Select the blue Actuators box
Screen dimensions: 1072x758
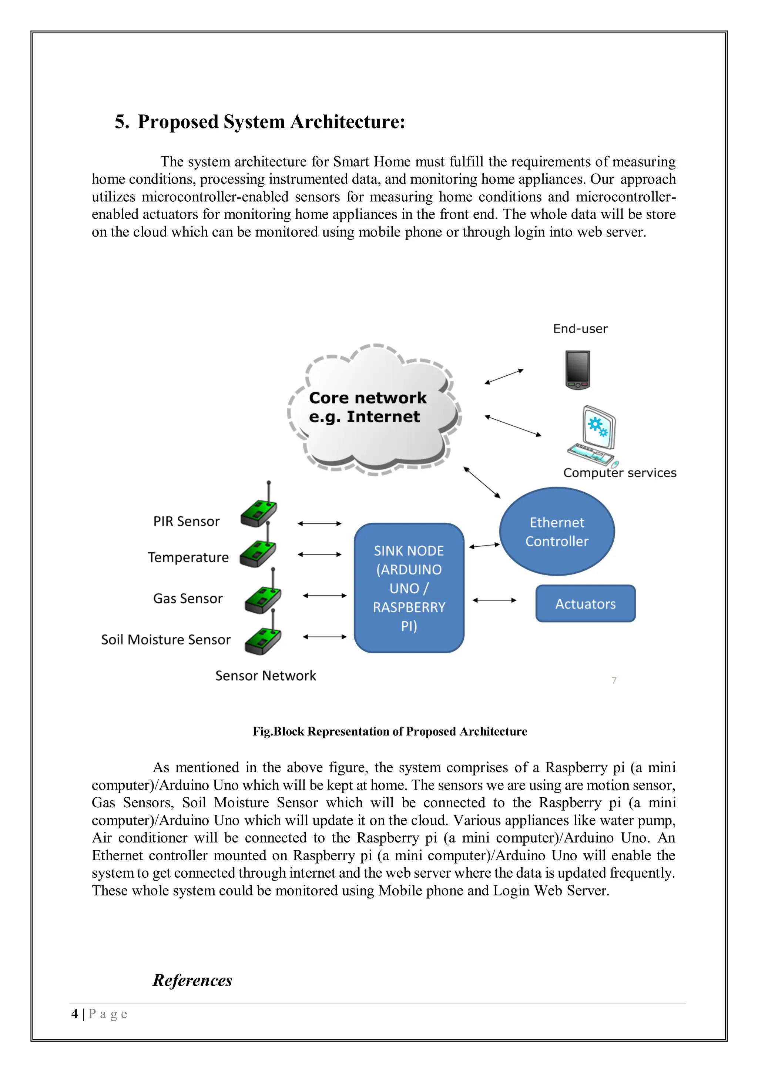tap(585, 604)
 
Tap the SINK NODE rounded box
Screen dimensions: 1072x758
tap(409, 588)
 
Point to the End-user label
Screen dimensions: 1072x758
tap(580, 329)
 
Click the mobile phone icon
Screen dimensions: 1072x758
tap(577, 370)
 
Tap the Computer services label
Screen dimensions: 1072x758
tap(619, 473)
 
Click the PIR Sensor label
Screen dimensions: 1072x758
tap(186, 522)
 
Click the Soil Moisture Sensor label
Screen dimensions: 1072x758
tap(166, 640)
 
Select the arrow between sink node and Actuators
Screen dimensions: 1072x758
tap(494, 600)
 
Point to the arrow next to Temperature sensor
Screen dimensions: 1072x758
tap(320, 555)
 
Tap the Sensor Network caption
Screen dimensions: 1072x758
tap(266, 676)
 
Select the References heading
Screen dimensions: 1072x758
tap(192, 980)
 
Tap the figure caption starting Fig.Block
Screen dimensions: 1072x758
tap(390, 731)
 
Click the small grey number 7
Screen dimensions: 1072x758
tap(614, 680)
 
